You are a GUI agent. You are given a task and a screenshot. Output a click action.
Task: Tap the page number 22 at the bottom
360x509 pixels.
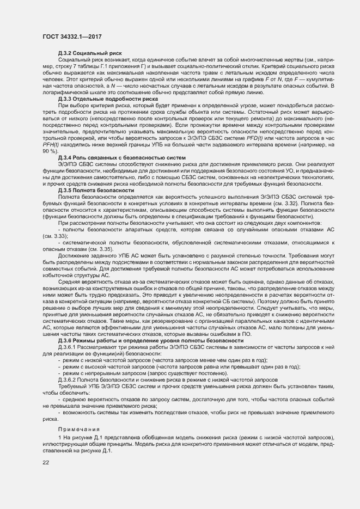[x=46, y=463]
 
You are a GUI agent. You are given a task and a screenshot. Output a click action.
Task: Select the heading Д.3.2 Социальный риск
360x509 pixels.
[x=90, y=53]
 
